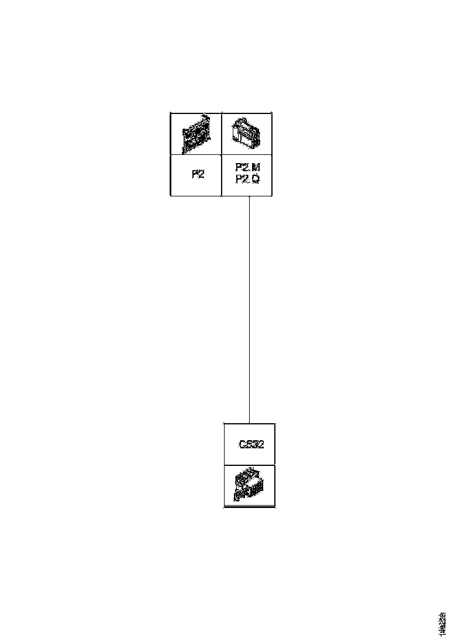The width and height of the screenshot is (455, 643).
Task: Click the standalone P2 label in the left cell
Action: (198, 174)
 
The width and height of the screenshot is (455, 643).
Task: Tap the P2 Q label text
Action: (247, 179)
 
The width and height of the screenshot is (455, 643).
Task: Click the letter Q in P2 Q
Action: (255, 179)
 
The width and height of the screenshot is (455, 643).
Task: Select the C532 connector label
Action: (251, 444)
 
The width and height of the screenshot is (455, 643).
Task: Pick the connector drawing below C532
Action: (249, 485)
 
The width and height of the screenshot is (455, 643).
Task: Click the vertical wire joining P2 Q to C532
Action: (250, 310)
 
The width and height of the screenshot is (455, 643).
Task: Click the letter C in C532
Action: (242, 444)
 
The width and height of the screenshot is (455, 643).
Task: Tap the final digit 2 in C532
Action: (261, 444)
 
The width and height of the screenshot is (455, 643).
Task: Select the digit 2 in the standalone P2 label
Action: (202, 174)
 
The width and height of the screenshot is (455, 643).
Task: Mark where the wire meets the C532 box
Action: (250, 423)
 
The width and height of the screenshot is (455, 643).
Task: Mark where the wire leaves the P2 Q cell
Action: (250, 196)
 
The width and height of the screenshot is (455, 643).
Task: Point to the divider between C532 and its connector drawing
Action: (250, 465)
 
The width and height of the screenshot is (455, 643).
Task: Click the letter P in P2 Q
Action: (239, 179)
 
